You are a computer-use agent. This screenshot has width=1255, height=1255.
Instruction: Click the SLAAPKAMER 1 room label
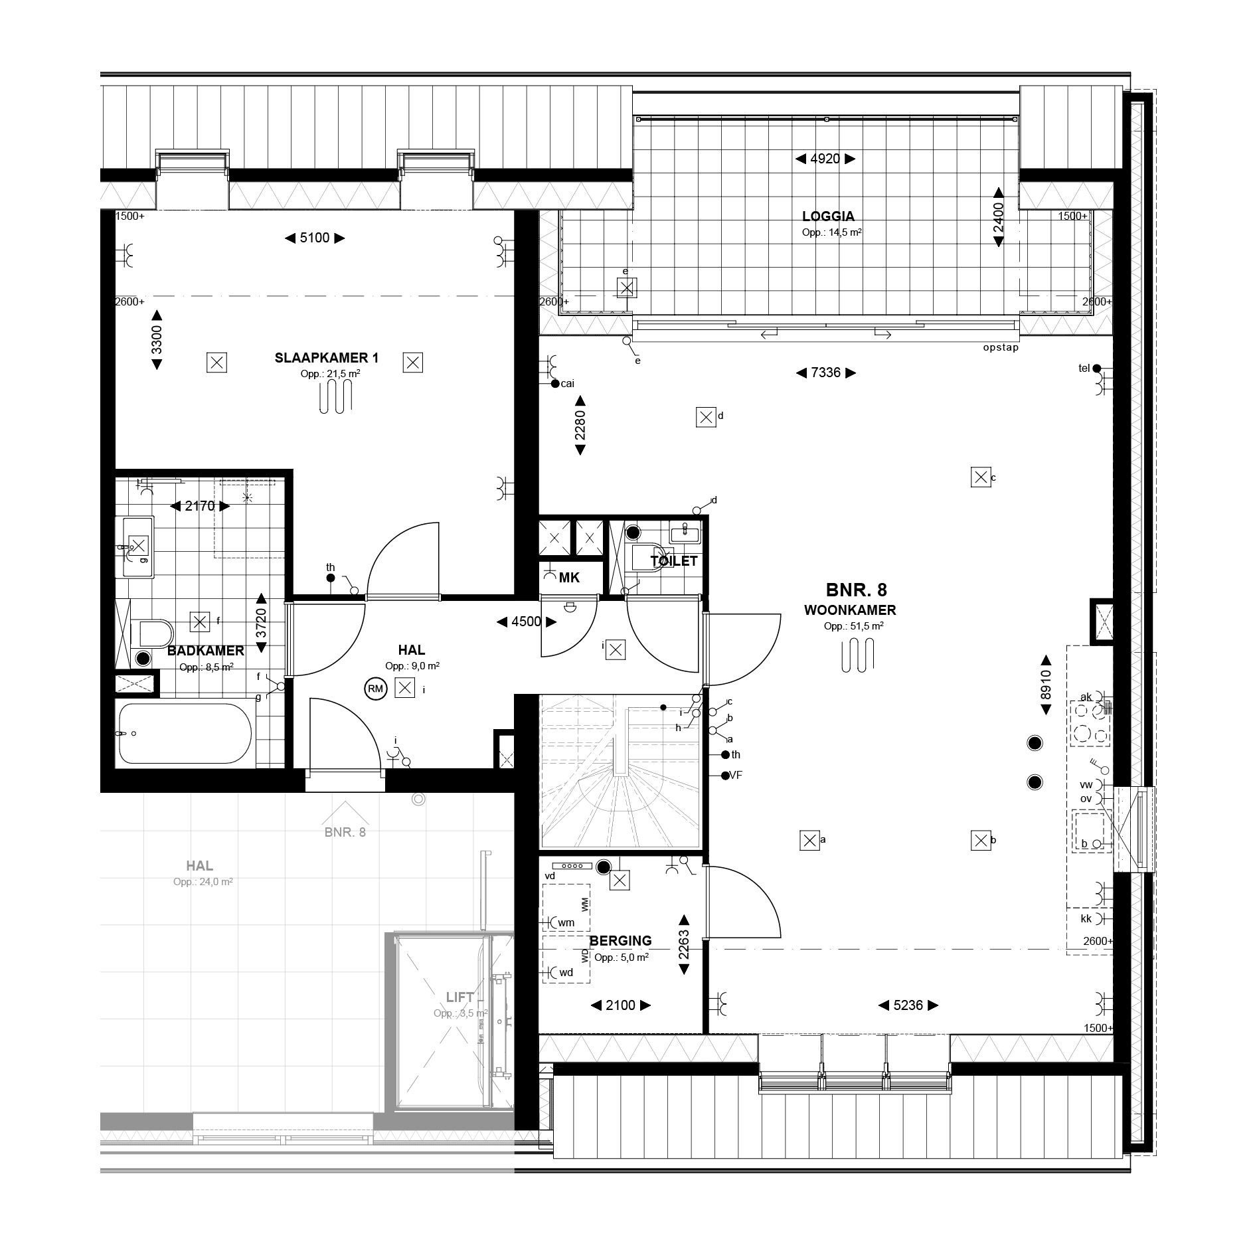[327, 358]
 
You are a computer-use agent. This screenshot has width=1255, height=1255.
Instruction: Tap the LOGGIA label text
[828, 216]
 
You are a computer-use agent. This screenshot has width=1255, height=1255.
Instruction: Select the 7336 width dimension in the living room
[826, 373]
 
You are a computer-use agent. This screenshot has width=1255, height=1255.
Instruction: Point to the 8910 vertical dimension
[1046, 685]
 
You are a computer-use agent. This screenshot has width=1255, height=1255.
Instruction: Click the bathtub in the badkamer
[185, 733]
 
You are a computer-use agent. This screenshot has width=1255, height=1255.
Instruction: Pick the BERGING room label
[620, 941]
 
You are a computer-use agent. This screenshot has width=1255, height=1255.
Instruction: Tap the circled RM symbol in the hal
[375, 689]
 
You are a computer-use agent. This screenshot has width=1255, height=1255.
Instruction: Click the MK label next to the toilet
[569, 578]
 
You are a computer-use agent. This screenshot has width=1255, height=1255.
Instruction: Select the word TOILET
[674, 561]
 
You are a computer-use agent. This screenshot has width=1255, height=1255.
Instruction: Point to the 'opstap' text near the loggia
[1001, 347]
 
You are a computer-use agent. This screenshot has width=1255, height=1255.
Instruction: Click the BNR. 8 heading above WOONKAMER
[856, 590]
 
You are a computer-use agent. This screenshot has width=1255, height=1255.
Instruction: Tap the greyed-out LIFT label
[460, 997]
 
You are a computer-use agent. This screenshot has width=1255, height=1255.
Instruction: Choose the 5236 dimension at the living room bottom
[908, 1006]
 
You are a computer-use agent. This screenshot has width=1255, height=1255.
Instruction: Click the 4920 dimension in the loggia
[825, 159]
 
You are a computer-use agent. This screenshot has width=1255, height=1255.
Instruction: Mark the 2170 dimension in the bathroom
[200, 506]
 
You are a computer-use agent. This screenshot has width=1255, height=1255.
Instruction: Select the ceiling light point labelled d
[706, 418]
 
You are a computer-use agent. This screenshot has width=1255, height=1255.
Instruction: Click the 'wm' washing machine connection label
[566, 922]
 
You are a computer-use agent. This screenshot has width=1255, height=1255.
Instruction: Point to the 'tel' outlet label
[1084, 368]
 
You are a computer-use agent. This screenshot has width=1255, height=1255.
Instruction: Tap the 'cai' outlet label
[567, 383]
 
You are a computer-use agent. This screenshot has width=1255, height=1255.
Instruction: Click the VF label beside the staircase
[736, 775]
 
